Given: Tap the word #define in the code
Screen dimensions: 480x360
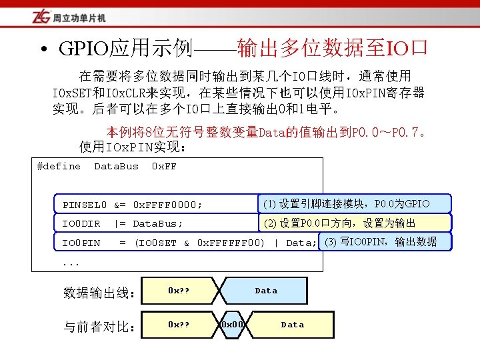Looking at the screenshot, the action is [x=59, y=166].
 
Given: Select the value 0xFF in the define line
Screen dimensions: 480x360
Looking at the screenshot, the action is [x=164, y=166].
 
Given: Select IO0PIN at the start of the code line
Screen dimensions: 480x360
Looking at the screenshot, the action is [x=81, y=243].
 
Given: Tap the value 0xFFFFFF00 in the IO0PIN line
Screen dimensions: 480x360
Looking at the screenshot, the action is [x=230, y=243].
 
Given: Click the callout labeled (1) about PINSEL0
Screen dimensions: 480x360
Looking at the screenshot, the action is [x=354, y=203].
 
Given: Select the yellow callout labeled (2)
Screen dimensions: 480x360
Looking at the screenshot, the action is [x=354, y=223].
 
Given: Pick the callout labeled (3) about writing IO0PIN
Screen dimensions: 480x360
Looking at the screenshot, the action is [x=385, y=241].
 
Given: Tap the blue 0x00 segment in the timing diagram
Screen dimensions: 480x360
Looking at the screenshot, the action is [x=232, y=325].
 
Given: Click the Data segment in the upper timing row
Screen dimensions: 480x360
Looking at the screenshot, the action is [x=266, y=291].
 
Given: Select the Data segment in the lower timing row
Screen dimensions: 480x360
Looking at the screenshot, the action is [x=292, y=325].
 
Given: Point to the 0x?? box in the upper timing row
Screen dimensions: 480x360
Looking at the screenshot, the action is [x=179, y=291].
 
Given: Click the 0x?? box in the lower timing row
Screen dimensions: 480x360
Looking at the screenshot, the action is [x=179, y=325].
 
